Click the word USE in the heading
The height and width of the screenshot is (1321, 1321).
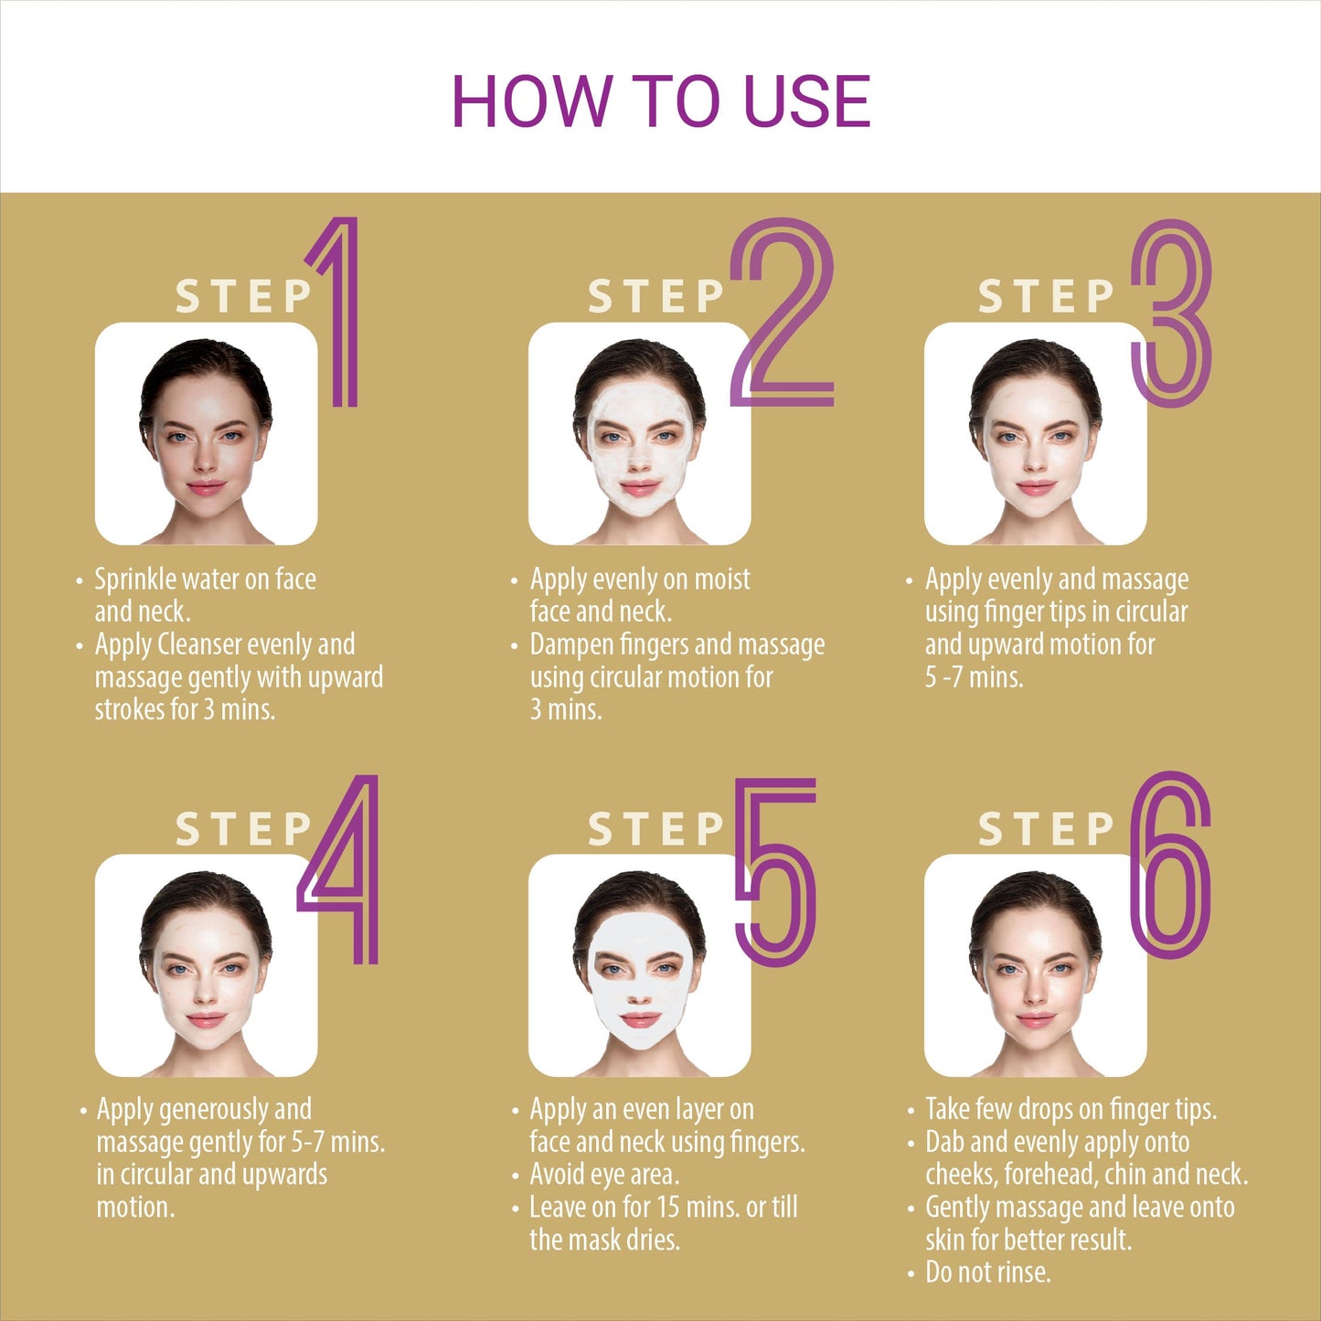(807, 101)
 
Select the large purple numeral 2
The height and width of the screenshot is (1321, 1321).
(783, 312)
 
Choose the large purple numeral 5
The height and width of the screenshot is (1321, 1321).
(775, 872)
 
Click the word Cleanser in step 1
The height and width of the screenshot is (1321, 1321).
(198, 645)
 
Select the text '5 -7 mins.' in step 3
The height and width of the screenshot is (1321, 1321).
(975, 677)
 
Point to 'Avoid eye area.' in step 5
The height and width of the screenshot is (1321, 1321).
(604, 1175)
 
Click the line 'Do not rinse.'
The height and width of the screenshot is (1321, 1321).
(988, 1273)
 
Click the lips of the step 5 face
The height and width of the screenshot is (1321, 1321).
(640, 1019)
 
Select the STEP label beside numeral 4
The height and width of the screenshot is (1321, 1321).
(244, 829)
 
